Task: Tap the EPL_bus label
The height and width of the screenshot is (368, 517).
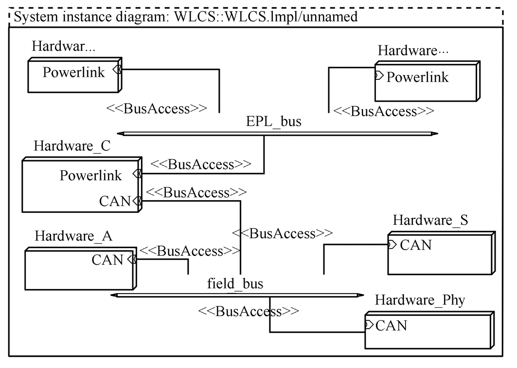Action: pos(273,122)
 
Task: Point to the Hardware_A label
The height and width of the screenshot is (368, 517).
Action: pos(74,237)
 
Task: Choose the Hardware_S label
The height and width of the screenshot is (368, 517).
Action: pos(430,220)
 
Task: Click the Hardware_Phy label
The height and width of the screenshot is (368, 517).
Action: pos(420,300)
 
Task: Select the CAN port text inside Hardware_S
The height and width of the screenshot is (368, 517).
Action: pos(416,244)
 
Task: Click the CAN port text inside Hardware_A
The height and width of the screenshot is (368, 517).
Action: pos(107,259)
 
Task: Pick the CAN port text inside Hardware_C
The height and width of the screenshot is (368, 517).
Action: pos(115,200)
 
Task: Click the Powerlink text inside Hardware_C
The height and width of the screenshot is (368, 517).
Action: pos(91,175)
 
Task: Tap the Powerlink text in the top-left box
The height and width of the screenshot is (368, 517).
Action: pos(74,72)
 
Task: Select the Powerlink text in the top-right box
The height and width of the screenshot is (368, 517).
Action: pos(417,77)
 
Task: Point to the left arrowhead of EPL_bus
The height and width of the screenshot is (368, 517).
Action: pos(120,133)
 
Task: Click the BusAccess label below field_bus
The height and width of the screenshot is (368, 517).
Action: pos(248,311)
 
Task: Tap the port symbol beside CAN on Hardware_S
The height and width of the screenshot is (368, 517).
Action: pos(392,244)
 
